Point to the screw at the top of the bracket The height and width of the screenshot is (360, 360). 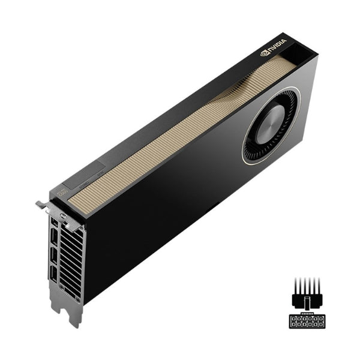click(x=62, y=213)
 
